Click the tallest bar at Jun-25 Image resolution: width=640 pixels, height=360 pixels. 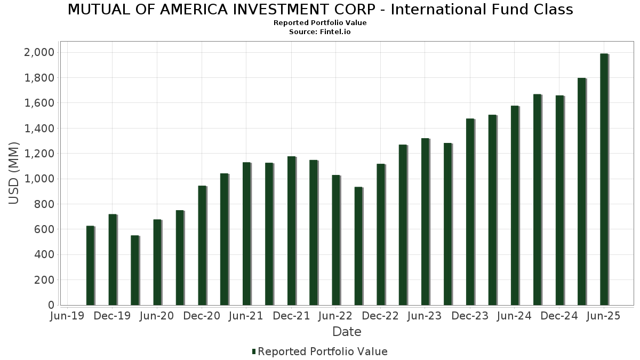pos(604,179)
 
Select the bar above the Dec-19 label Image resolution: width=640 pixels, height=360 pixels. pos(113,260)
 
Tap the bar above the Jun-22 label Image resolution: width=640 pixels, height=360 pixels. pos(336,240)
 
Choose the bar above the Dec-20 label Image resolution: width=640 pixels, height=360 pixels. pos(202,245)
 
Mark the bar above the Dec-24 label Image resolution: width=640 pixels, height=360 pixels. pos(559,200)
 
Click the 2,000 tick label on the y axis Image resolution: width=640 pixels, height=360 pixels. pos(39,52)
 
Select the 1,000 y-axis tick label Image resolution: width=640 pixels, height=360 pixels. pos(39,179)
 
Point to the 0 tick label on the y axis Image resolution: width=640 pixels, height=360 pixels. pos(51,305)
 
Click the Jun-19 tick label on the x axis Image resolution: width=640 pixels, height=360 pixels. pos(67,316)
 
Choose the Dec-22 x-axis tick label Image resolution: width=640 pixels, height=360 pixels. pos(381,316)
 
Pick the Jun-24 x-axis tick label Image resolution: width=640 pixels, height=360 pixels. pos(515,316)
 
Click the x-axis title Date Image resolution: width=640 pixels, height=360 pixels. pos(347,332)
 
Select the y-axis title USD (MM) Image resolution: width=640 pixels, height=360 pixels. pos(14,173)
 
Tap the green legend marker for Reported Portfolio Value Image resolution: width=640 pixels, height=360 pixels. pos(254,351)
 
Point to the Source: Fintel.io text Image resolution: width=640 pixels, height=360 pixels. pos(320,32)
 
